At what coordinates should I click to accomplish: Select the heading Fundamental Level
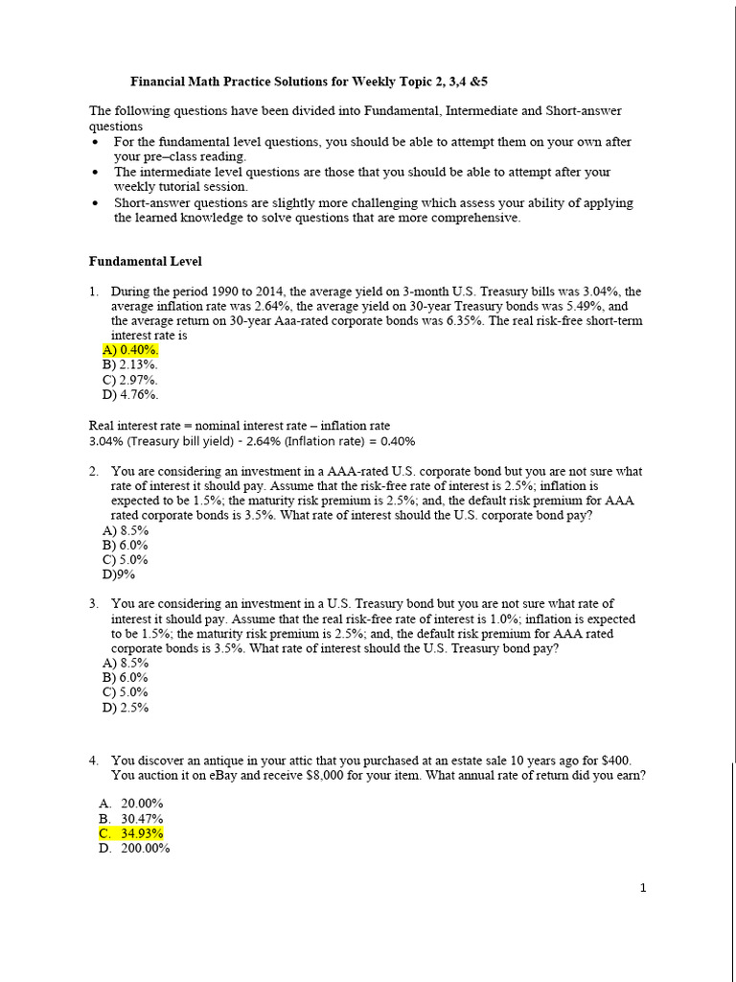pyautogui.click(x=146, y=261)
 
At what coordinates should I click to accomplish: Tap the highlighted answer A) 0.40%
pyautogui.click(x=130, y=351)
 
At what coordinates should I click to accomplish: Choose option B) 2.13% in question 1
pyautogui.click(x=130, y=365)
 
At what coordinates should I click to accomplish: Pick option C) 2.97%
pyautogui.click(x=130, y=380)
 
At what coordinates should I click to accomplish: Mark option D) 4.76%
pyautogui.click(x=130, y=394)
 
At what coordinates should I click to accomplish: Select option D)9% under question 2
pyautogui.click(x=119, y=574)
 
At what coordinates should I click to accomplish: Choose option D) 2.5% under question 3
pyautogui.click(x=126, y=708)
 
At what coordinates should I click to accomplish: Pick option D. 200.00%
pyautogui.click(x=134, y=848)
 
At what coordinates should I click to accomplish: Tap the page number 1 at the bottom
pyautogui.click(x=644, y=888)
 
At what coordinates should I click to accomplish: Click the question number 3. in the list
pyautogui.click(x=94, y=604)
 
